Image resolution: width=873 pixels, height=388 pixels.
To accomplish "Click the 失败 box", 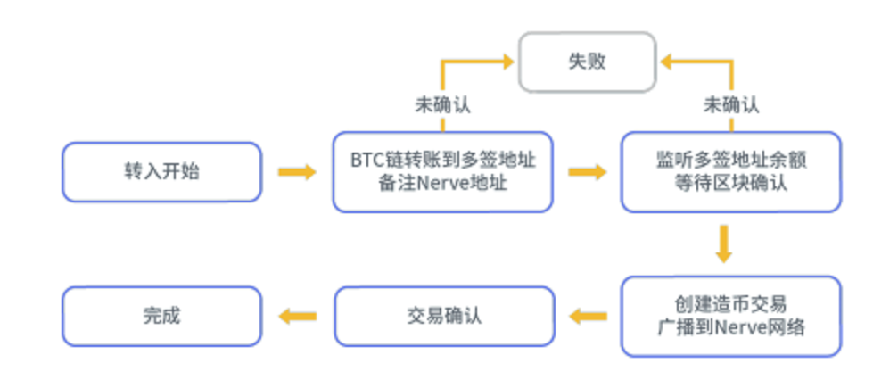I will [x=588, y=62].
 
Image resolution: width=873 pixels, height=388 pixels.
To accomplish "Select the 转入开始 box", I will [x=162, y=172].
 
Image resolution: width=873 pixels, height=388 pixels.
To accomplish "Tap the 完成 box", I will [x=162, y=316].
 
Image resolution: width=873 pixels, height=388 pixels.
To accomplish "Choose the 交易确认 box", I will [x=443, y=316].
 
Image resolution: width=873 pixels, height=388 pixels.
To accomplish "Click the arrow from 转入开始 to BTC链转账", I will [x=296, y=172].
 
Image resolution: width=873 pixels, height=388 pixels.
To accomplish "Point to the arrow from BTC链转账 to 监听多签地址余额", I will [x=586, y=172].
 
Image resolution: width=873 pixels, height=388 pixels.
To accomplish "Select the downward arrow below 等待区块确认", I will [x=723, y=244].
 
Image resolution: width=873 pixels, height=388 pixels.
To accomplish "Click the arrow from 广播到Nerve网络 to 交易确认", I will [x=588, y=316].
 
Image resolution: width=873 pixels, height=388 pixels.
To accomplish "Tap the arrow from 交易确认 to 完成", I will [x=297, y=316].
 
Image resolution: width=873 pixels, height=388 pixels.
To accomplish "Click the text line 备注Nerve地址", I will [x=443, y=184].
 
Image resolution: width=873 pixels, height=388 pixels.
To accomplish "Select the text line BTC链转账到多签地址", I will [x=443, y=161].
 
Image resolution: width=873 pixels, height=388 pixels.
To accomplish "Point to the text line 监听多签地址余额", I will [x=731, y=161].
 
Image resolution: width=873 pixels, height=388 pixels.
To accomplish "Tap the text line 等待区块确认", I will [x=731, y=184].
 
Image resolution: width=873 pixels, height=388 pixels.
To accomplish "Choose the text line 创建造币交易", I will [x=731, y=304].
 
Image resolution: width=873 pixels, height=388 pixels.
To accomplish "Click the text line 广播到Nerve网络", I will [x=731, y=327].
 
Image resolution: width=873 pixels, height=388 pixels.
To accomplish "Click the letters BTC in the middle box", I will [x=366, y=161].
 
